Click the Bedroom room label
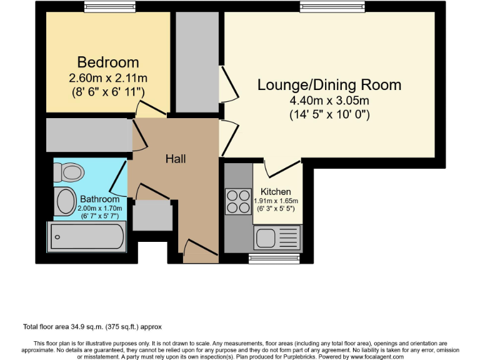coord(107,62)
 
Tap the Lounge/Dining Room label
coord(329,85)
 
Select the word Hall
coord(175,159)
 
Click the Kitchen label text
coord(276,191)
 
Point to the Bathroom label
coord(99,199)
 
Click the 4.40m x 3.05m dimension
coord(329,101)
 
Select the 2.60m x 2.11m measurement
coord(107,78)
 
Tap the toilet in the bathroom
coord(68,171)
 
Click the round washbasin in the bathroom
coord(65,201)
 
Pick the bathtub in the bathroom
coord(87,236)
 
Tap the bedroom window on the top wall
coord(109,6)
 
